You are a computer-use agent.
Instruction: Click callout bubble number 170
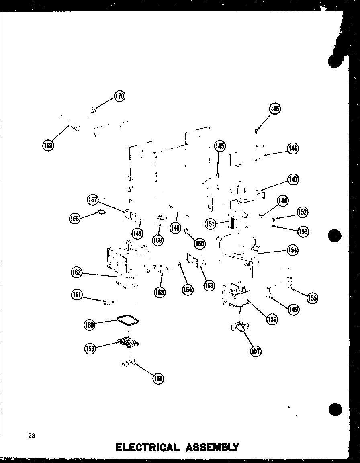pyautogui.click(x=119, y=96)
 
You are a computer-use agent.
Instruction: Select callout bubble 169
pyautogui.click(x=48, y=145)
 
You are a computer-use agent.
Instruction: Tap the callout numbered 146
pyautogui.click(x=293, y=149)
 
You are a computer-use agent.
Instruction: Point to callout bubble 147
pyautogui.click(x=293, y=179)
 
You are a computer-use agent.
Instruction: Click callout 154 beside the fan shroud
pyautogui.click(x=292, y=250)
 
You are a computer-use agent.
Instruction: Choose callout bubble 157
pyautogui.click(x=255, y=351)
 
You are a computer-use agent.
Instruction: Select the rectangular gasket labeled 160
pyautogui.click(x=128, y=320)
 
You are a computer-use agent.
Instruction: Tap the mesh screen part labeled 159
pyautogui.click(x=128, y=341)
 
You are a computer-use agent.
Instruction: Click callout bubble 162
pyautogui.click(x=76, y=273)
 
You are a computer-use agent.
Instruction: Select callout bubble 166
pyautogui.click(x=74, y=218)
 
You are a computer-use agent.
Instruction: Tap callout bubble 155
pyautogui.click(x=312, y=298)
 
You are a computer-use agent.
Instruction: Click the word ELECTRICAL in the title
pyautogui.click(x=147, y=447)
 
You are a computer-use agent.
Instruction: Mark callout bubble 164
pyautogui.click(x=187, y=289)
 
